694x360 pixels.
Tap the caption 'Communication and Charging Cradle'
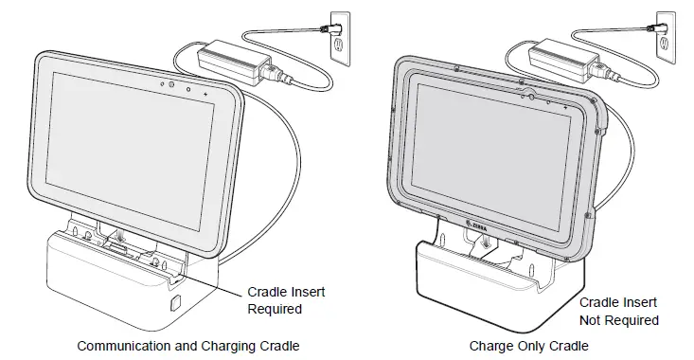[182, 346]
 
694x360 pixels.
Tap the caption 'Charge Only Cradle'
[529, 346]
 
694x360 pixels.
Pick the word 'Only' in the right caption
[528, 346]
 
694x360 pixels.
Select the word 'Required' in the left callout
[275, 309]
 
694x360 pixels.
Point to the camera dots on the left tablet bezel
[175, 85]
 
